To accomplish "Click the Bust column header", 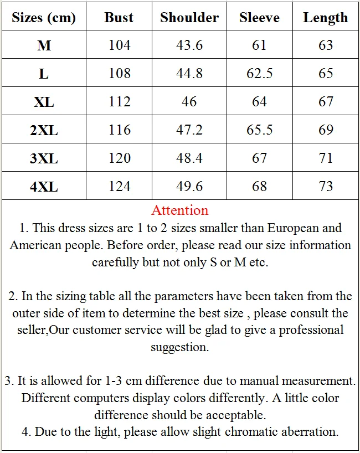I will tap(119, 17).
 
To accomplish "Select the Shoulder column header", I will tap(189, 17).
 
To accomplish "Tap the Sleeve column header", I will tap(259, 17).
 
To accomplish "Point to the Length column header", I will tap(326, 17).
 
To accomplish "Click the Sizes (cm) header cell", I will tap(44, 17).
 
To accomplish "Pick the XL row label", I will tap(44, 102).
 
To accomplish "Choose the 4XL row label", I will tap(44, 187).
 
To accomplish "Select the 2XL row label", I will tap(44, 130).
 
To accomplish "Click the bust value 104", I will tap(120, 45).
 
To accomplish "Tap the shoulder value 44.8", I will tap(189, 74).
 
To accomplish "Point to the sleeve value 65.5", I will tap(259, 130).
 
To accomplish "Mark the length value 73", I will tap(326, 187).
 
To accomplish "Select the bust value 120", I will tap(120, 158).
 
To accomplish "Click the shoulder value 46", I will tap(189, 102).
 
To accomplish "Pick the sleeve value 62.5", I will tap(259, 74).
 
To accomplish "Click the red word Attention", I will tap(180, 210).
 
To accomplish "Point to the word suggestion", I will tap(179, 347).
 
